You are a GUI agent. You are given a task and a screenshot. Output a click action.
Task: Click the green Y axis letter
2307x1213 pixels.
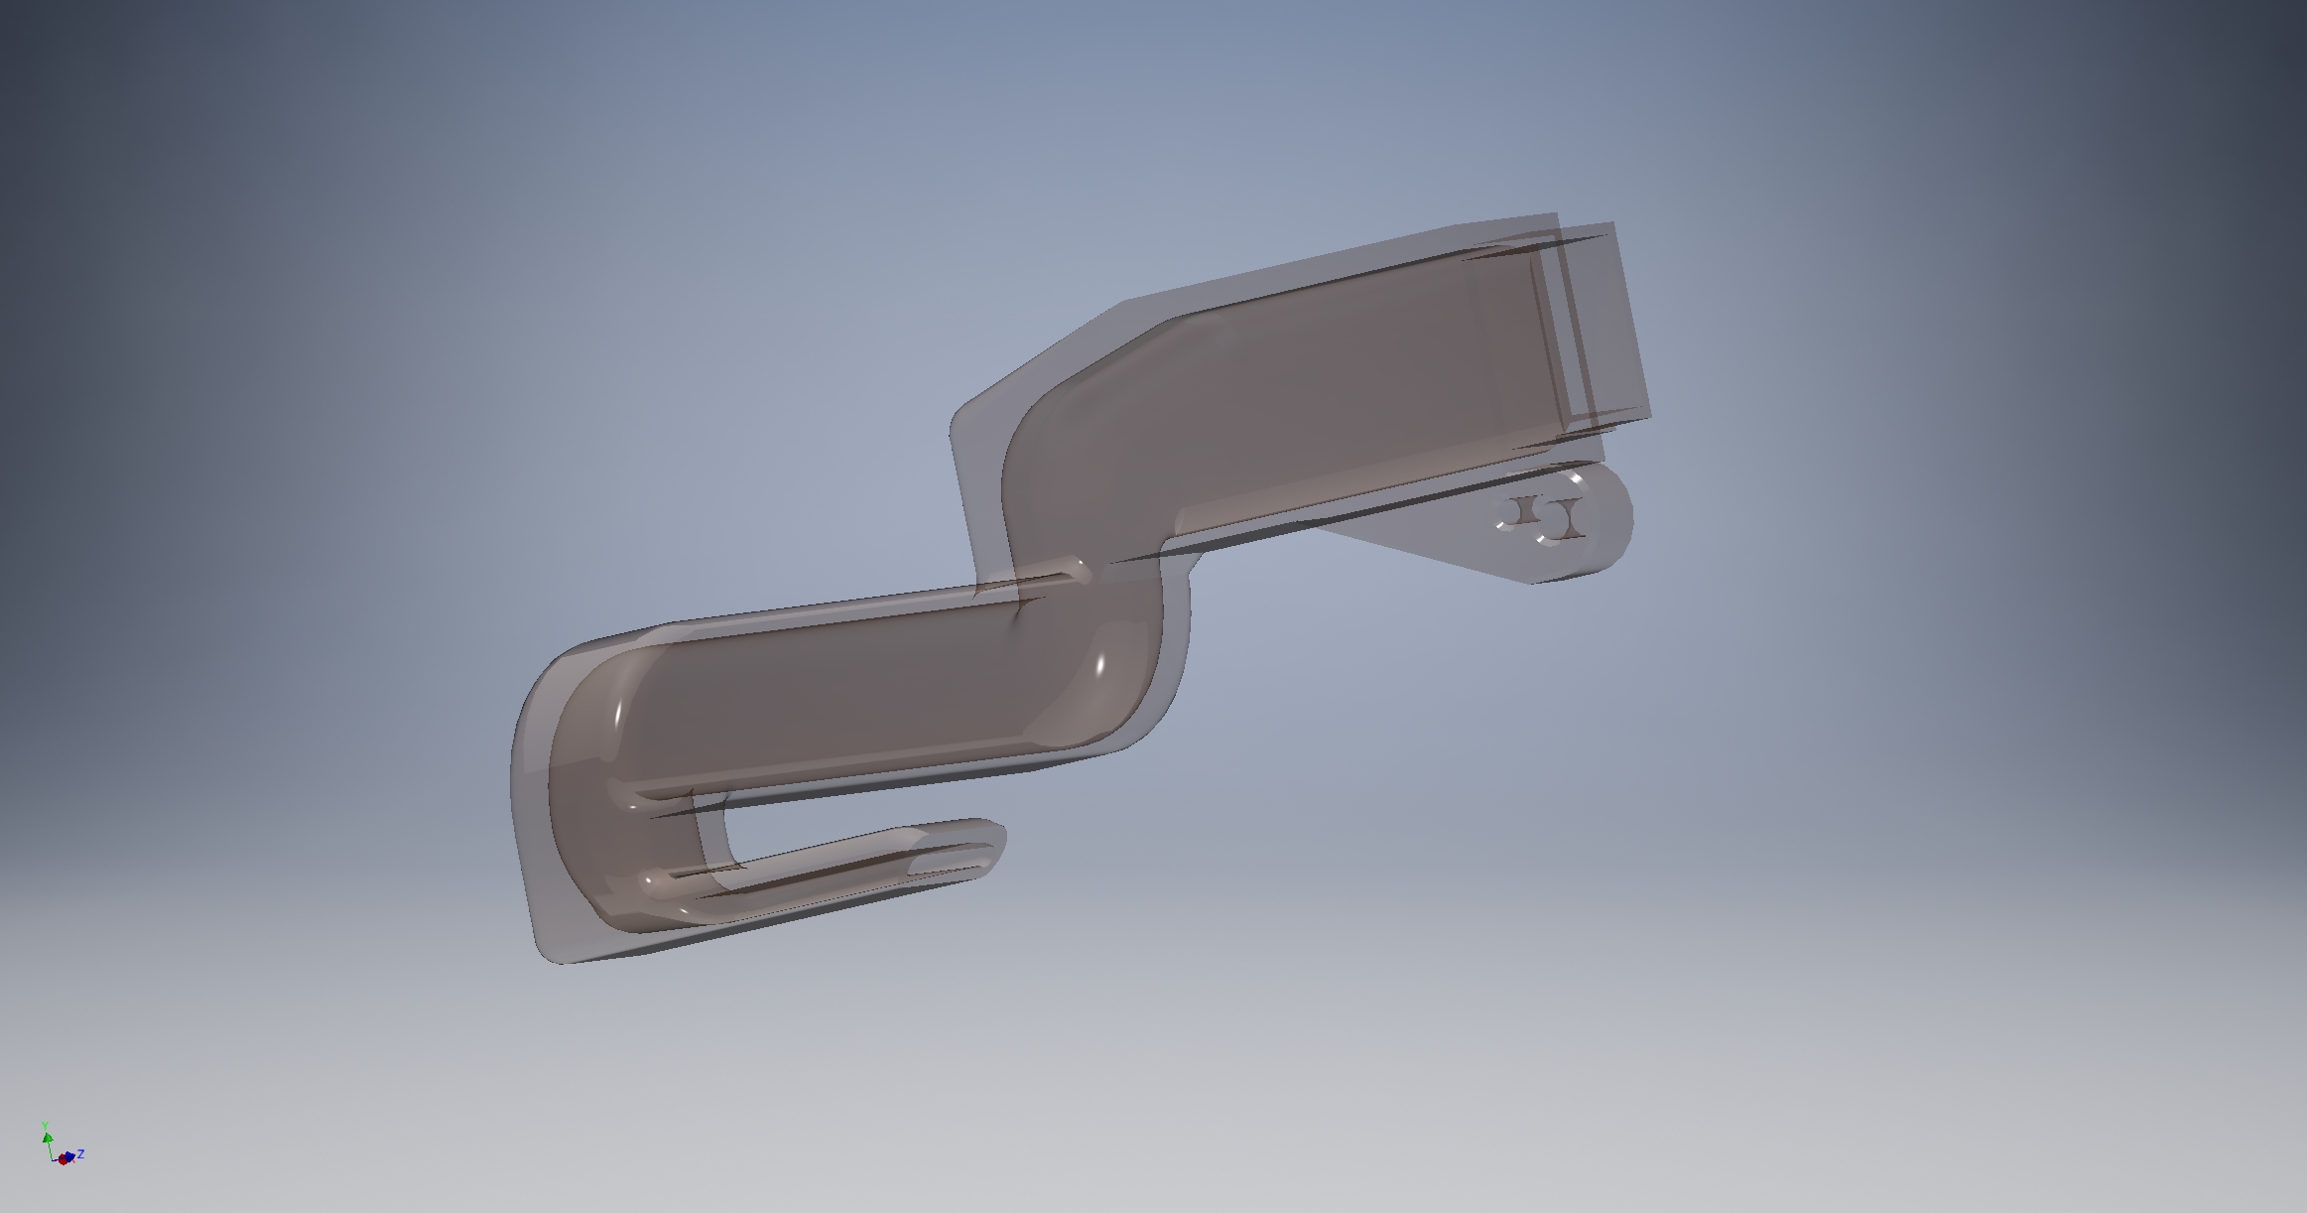(x=46, y=1125)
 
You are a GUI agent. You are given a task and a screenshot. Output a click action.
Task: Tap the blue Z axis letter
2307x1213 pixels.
(x=80, y=1153)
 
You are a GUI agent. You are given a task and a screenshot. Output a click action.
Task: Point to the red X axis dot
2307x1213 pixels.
(x=64, y=1158)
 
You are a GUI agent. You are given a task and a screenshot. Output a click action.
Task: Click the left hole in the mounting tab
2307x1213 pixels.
(x=1512, y=512)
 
